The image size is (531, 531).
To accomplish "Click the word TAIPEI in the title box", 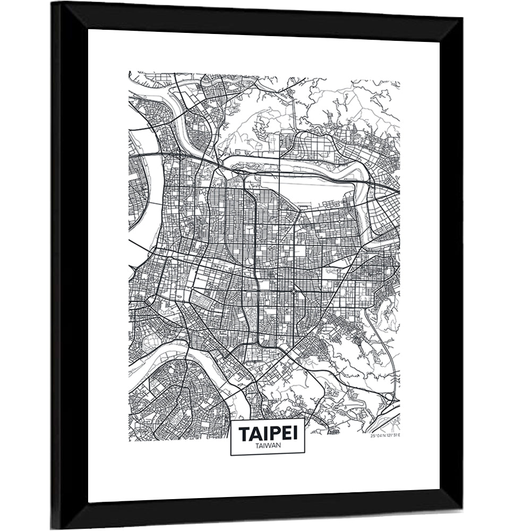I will click(268, 433).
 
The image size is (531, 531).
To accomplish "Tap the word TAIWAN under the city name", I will click(268, 447).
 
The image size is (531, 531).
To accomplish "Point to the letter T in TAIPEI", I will click(244, 433).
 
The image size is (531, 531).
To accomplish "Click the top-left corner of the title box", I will click(230, 420).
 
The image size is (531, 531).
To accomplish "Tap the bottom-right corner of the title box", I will click(305, 455).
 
